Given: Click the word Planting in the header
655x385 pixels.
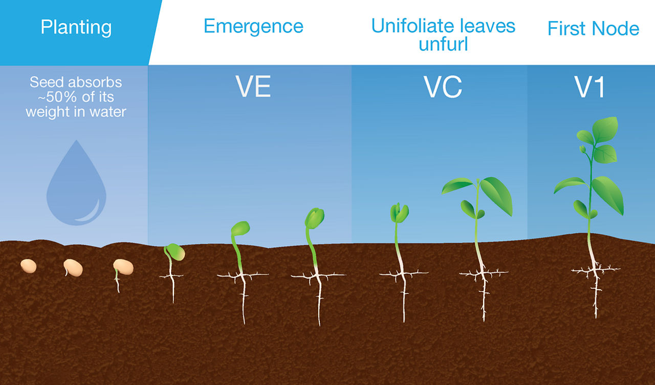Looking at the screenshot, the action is click(x=76, y=28).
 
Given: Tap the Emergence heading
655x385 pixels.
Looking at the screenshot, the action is click(x=253, y=27).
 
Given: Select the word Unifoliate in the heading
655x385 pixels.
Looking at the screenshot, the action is click(x=412, y=26).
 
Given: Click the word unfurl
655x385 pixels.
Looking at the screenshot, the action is click(x=443, y=44).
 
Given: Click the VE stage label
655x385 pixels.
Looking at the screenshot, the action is click(x=253, y=87).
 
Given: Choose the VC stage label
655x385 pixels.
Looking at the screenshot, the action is click(x=443, y=87).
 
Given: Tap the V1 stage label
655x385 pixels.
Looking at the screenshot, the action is click(x=589, y=87).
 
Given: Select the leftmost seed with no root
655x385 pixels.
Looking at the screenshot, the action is click(x=28, y=266).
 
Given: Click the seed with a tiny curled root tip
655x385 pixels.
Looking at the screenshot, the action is click(x=73, y=268).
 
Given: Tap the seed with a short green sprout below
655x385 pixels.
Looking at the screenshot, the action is click(x=123, y=267).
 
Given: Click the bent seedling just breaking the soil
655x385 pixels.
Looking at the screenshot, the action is click(x=174, y=252).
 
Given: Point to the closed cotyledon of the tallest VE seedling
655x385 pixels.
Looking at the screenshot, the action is click(x=315, y=218).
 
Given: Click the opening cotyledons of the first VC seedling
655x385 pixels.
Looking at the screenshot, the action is click(x=399, y=212).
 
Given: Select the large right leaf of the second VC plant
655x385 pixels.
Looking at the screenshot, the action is click(x=496, y=196).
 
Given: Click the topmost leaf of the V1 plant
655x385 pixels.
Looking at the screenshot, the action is click(x=605, y=130).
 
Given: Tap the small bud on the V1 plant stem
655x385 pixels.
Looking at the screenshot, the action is click(x=582, y=149).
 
